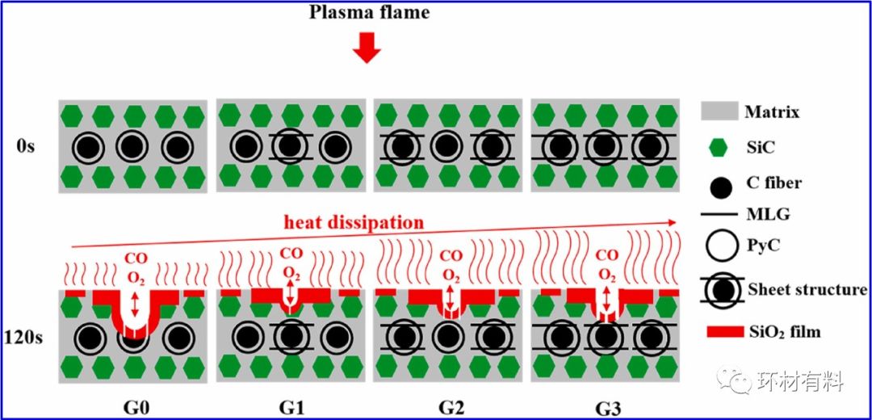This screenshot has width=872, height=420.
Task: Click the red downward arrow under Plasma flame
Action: tap(368, 49)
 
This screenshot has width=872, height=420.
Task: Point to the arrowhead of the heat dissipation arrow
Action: tap(673, 220)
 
